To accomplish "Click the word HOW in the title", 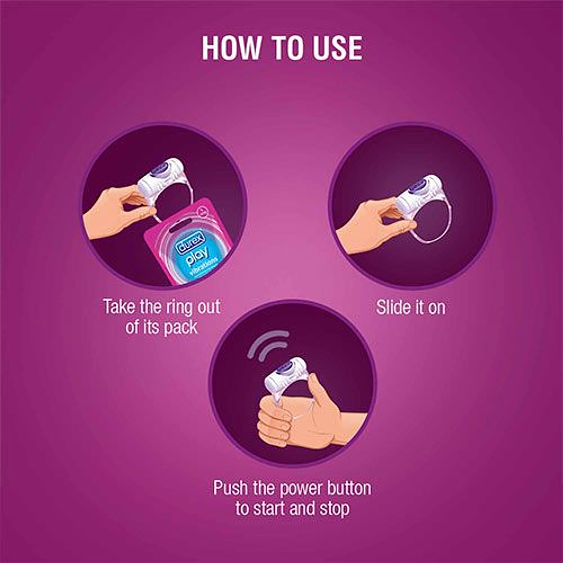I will pos(232,48).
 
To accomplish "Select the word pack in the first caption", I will pos(181,327).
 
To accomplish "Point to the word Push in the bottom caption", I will pos(230,488).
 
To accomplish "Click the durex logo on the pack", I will pos(191,242).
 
